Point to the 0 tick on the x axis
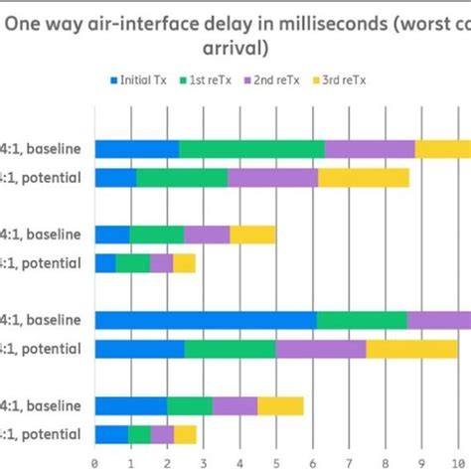point(94,461)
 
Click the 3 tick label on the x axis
point(203,461)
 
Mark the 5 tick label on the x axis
point(275,461)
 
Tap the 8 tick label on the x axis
point(385,461)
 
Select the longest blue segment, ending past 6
point(206,320)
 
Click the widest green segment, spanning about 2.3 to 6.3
point(251,149)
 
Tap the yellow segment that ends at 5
point(252,235)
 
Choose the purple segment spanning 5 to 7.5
point(320,349)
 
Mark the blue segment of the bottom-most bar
point(111,434)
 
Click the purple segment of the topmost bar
point(370,149)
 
